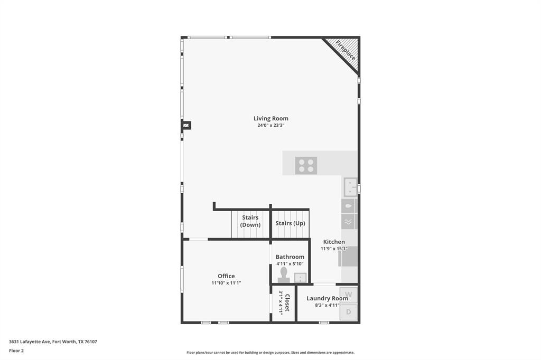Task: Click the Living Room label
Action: (270, 118)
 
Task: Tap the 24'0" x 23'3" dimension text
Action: (270, 126)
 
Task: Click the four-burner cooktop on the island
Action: (306, 166)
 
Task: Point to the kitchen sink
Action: (350, 187)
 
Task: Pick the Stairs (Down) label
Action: (250, 221)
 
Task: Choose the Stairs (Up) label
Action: (290, 223)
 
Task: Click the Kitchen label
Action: (334, 242)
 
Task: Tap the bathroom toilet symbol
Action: (284, 274)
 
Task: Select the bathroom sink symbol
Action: (300, 278)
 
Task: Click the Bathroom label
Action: (290, 257)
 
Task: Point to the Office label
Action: (226, 276)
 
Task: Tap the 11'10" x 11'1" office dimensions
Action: (226, 283)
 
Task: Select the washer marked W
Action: (348, 295)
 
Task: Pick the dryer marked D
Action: (348, 312)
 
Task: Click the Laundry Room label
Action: (327, 298)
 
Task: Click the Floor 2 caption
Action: (16, 350)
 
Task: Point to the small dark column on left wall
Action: (186, 125)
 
